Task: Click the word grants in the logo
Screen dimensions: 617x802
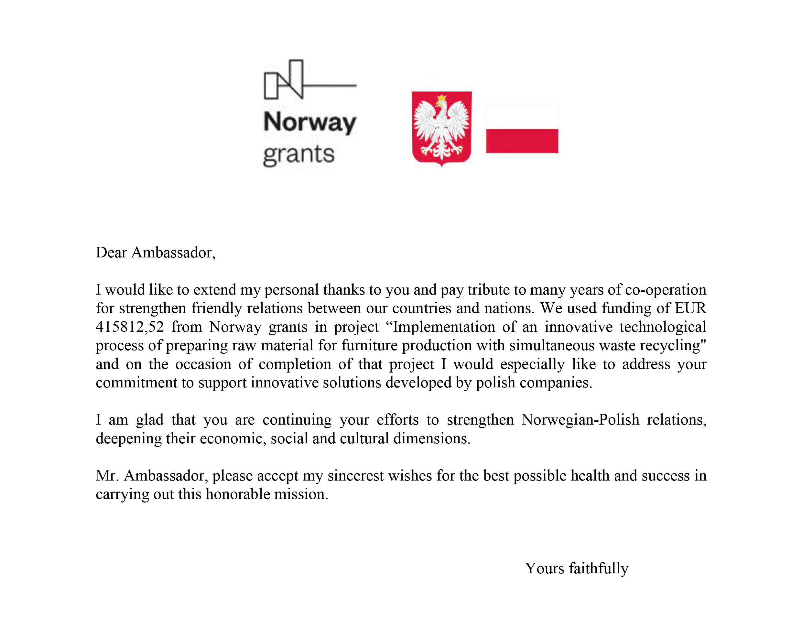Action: coord(298,154)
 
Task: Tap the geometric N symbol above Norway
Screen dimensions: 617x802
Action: coord(284,80)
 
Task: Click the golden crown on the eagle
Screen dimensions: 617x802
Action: coord(441,98)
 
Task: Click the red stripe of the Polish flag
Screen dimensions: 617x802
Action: coord(522,141)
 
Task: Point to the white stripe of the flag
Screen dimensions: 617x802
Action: coord(522,117)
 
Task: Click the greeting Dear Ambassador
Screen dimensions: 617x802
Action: coord(155,253)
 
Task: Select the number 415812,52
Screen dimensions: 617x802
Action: coord(130,327)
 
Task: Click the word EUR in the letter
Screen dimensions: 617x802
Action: coord(690,308)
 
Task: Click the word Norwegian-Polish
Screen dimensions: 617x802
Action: coord(580,420)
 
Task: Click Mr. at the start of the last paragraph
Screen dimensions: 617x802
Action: coord(107,476)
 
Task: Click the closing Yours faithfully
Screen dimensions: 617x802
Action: coord(577,568)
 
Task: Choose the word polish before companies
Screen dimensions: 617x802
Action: coord(495,383)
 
